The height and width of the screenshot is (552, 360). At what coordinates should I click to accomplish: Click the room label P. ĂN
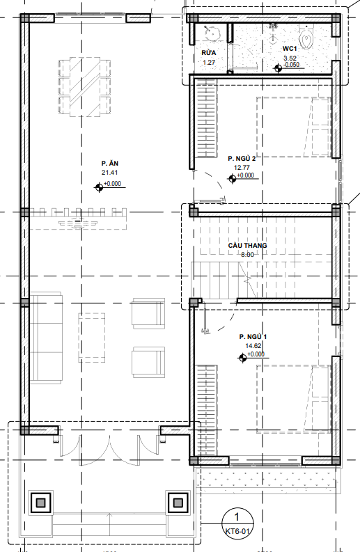[110, 164]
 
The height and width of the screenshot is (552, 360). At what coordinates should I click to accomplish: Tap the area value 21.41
[109, 173]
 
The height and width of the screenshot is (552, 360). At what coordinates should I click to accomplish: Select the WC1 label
[290, 49]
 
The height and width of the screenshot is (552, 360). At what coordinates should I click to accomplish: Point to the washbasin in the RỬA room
[212, 32]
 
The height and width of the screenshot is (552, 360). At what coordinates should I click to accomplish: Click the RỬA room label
[209, 53]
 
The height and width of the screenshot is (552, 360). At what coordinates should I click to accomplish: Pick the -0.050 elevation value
[291, 65]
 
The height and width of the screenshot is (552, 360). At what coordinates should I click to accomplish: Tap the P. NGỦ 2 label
[242, 159]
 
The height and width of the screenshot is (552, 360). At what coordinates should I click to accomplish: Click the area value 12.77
[242, 168]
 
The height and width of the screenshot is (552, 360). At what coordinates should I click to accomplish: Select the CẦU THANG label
[247, 246]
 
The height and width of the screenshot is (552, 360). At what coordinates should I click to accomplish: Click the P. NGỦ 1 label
[253, 337]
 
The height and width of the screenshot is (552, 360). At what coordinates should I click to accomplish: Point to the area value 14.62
[253, 346]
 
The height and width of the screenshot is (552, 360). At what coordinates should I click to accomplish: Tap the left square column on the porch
[41, 503]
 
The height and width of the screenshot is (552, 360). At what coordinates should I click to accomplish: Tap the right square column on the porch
[177, 503]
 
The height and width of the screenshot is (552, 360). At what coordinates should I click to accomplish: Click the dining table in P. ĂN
[84, 87]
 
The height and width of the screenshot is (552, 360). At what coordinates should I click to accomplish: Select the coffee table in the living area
[92, 338]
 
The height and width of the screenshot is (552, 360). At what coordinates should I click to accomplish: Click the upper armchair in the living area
[148, 313]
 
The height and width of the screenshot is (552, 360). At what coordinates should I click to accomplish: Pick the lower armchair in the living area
[148, 362]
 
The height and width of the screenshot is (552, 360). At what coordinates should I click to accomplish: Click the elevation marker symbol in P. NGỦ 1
[242, 358]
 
